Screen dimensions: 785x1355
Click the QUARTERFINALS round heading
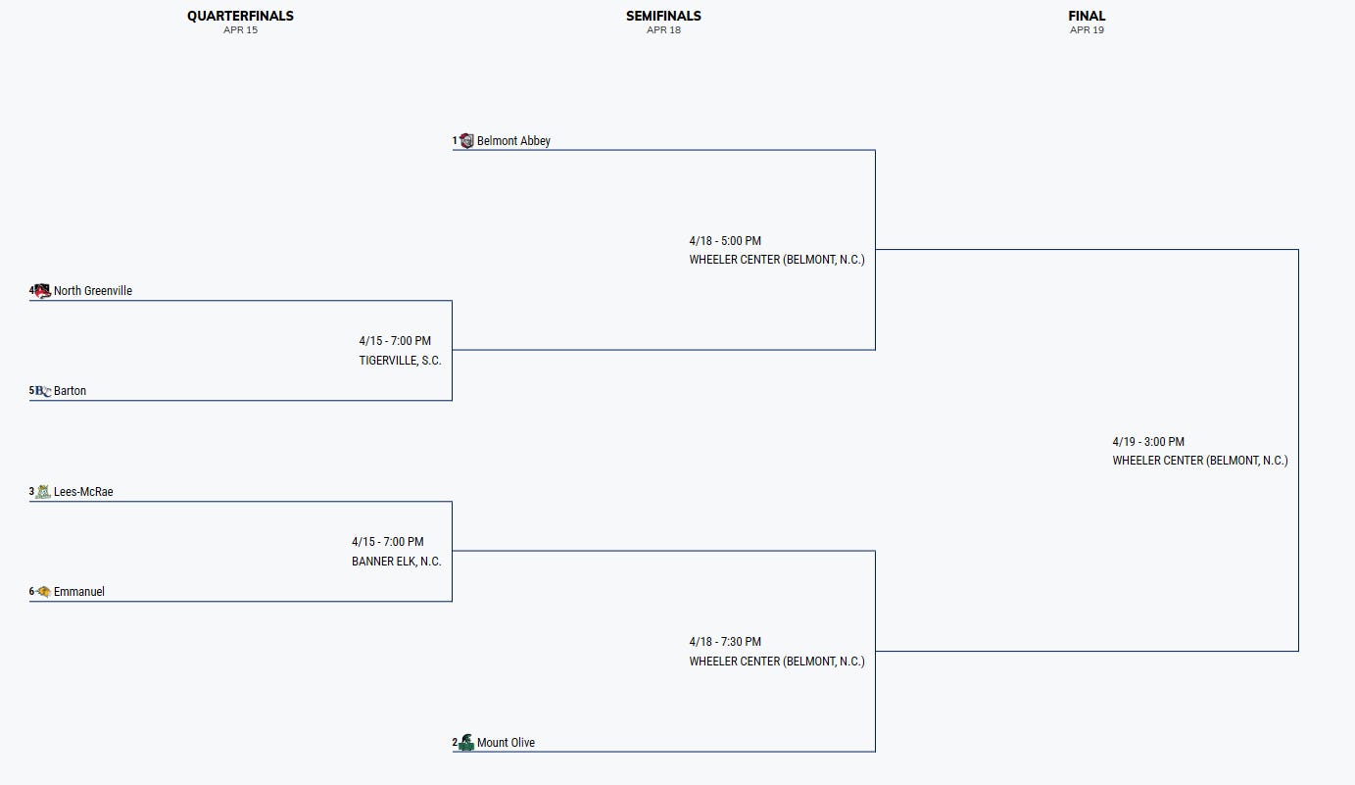point(240,16)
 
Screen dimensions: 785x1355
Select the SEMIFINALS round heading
point(663,16)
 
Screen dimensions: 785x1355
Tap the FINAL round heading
point(1087,16)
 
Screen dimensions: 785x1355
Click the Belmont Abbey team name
point(513,141)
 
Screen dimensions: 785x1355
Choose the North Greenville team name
point(93,291)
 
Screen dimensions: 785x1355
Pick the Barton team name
point(70,391)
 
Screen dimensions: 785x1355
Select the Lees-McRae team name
point(83,492)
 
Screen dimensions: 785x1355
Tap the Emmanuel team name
point(78,592)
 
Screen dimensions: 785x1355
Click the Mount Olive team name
point(506,743)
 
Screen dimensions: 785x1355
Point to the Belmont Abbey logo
point(466,141)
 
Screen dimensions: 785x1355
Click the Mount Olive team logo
point(466,743)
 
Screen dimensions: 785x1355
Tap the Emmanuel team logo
point(43,592)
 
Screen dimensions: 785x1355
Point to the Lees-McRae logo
point(43,492)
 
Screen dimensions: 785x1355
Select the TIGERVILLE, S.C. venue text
point(400,361)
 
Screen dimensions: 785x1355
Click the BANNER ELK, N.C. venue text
point(397,562)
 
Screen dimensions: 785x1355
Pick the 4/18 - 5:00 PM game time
point(725,241)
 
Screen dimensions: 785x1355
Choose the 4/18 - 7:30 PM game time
point(725,642)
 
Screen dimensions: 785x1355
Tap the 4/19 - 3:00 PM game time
point(1148,442)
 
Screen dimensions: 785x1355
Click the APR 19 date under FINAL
point(1087,30)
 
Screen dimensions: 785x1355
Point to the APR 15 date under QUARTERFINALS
point(240,30)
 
